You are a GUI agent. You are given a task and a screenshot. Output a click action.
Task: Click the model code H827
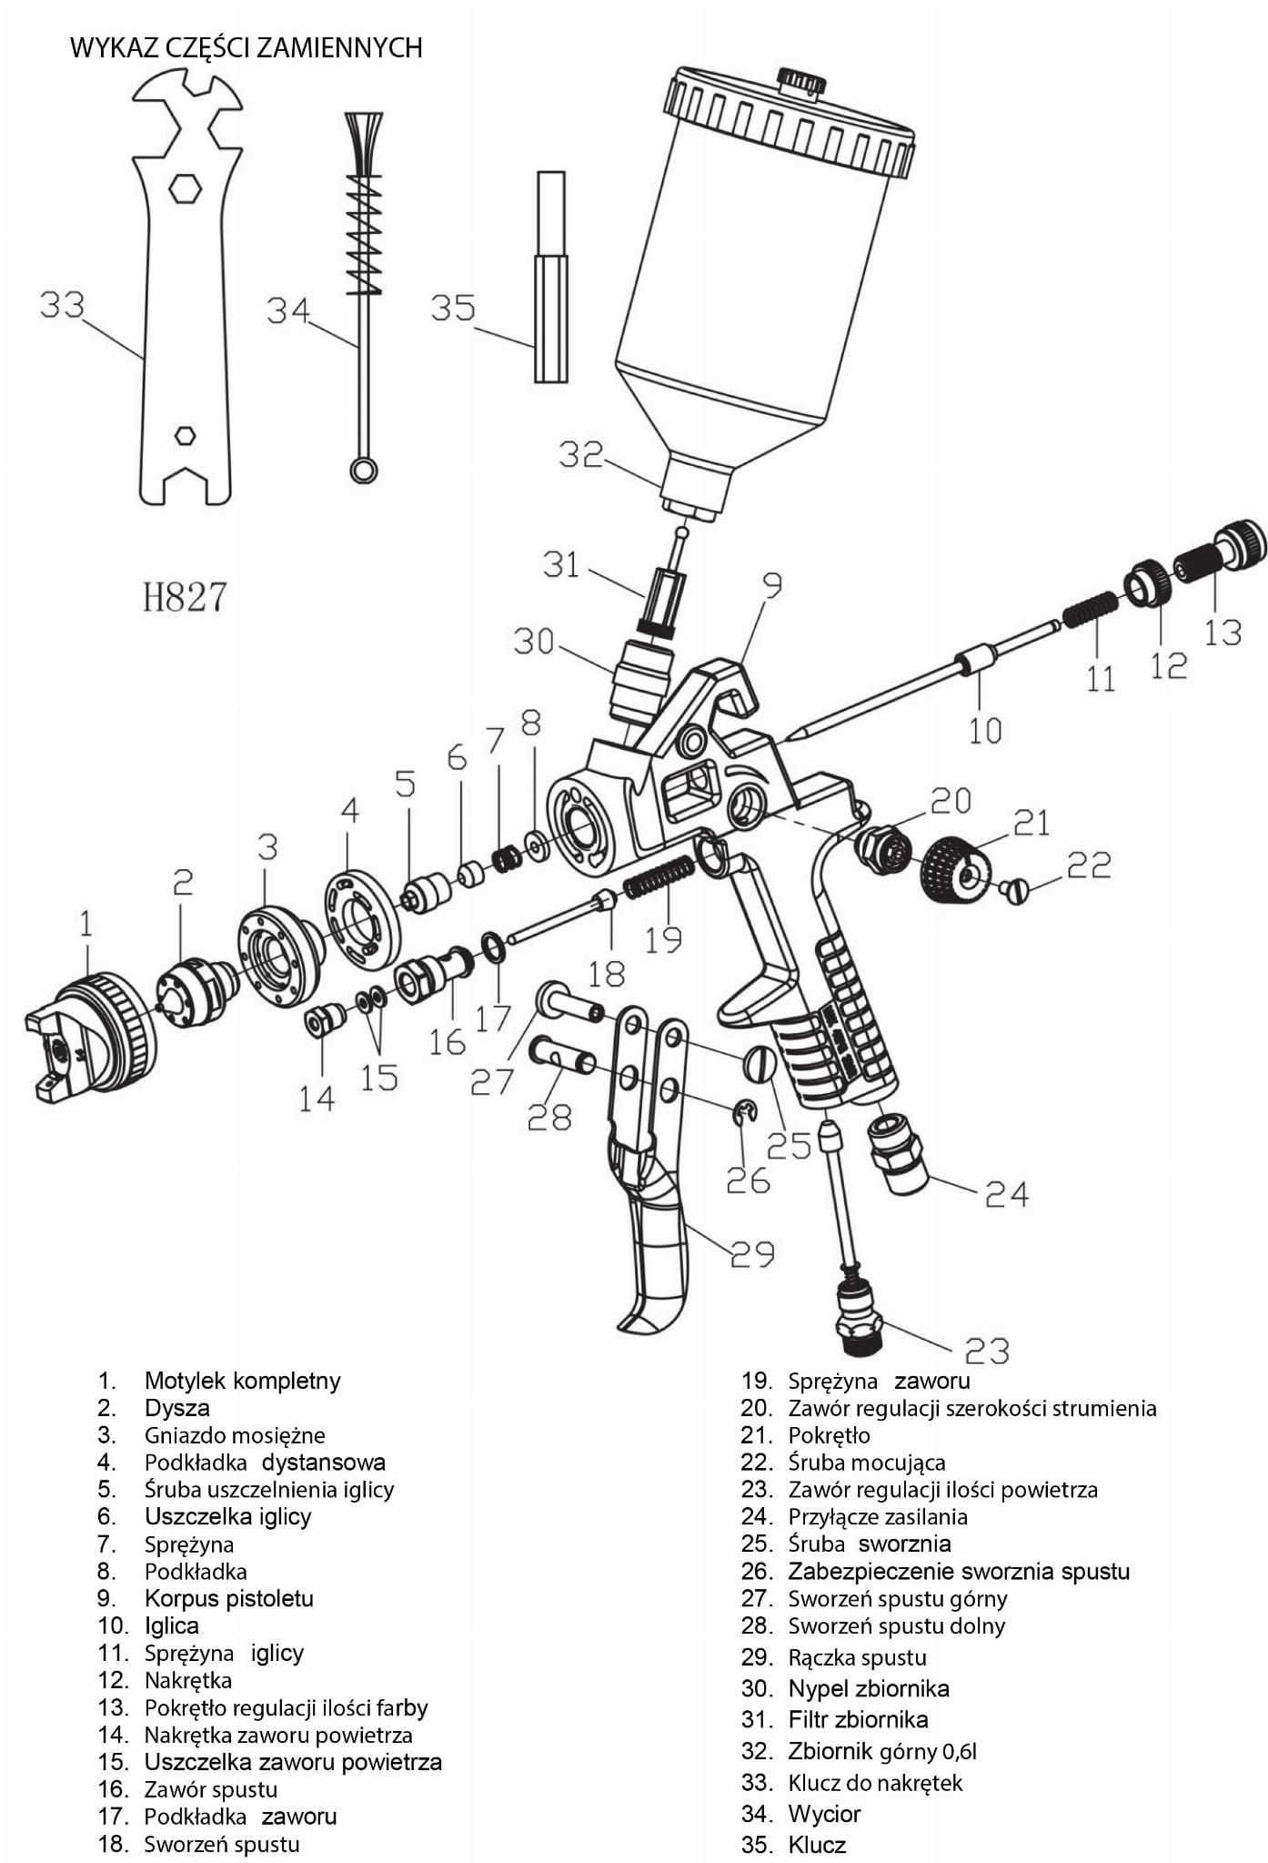[185, 597]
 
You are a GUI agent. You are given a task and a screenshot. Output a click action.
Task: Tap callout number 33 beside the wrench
[62, 304]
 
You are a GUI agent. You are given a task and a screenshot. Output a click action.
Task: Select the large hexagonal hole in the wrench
[186, 188]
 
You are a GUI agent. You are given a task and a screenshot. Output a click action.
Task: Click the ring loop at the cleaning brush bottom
[364, 470]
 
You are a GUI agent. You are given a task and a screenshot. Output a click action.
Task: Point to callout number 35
[453, 308]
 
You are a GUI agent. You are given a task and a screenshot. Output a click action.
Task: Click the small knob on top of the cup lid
[802, 80]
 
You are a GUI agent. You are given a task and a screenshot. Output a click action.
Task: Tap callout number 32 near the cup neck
[581, 453]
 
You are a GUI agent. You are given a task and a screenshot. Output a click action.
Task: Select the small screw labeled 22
[1014, 889]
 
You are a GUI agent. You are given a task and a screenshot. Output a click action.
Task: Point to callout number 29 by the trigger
[752, 1254]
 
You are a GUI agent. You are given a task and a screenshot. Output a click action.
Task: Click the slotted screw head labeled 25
[761, 1062]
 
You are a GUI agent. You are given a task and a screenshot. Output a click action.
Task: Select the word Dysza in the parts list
[176, 1408]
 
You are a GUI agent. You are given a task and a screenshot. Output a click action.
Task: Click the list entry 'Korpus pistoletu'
[228, 1598]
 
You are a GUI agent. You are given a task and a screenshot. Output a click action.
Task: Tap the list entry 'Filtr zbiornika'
[858, 1719]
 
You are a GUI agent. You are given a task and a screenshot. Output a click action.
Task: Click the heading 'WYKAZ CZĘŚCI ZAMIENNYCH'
[247, 47]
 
